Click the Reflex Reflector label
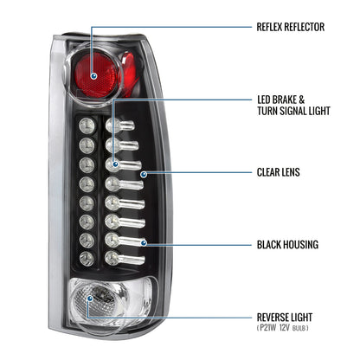point(291,27)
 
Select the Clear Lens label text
point(279,172)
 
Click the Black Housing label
point(287,245)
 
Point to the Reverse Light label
point(285,318)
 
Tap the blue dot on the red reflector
point(93,76)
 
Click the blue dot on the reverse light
point(90,298)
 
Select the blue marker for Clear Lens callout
point(144,174)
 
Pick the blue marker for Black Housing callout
point(144,243)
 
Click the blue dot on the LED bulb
point(115,164)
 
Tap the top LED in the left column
point(87,126)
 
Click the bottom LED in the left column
point(87,258)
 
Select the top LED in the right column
point(119,125)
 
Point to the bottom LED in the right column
point(125,258)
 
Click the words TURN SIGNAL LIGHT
point(293,111)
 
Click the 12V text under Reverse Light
point(284,328)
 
